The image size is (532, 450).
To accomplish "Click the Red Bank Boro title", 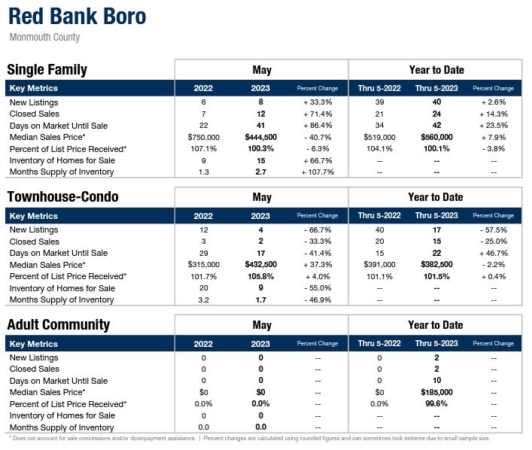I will pos(78,17).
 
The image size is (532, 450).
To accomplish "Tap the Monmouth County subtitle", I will pos(44,38).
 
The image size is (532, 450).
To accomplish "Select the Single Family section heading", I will pos(47,70).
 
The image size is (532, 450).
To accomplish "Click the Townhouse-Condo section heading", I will pos(62,197).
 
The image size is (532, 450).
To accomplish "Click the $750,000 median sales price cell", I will pos(203,137).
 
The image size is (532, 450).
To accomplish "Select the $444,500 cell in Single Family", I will pos(261,137).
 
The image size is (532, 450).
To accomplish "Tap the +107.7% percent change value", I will pos(318,172).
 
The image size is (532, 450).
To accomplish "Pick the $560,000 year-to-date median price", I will pos(436,137).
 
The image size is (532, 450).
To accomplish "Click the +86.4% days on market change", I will pos(318,126).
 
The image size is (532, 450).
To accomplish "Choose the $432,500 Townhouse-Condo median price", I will pos(261,265).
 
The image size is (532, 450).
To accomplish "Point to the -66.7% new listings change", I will pos(318,230).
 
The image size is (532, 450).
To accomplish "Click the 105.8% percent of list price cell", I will pos(261,277).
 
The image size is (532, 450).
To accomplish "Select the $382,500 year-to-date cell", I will pos(436,265).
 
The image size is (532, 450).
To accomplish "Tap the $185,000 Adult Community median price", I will pos(436,393).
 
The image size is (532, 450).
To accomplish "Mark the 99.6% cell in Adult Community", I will pos(436,404).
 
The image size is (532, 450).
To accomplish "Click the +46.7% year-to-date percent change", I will pos(494,254).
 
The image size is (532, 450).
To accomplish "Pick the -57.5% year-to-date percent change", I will pos(494,230).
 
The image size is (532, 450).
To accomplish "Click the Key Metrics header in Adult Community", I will pos(33,344).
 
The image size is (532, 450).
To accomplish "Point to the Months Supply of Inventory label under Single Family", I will pos(62,172).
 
